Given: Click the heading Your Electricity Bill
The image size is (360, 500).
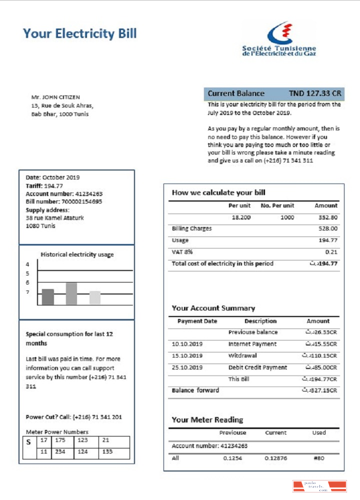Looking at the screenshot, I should [79, 34].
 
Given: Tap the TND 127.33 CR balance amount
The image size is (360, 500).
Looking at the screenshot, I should [315, 93].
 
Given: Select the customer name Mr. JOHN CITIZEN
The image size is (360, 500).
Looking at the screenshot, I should [55, 97].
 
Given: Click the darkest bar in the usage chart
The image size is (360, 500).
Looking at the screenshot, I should [48, 297].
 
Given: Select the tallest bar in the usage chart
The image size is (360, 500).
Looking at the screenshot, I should [71, 293].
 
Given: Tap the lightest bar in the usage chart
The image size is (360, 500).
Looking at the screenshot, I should [95, 297].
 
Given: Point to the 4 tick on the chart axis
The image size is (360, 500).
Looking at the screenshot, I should [28, 264].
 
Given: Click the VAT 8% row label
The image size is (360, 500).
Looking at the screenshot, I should [182, 251].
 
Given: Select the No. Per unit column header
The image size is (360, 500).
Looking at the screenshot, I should [277, 205].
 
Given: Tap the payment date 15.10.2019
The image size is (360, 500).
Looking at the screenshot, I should [187, 356].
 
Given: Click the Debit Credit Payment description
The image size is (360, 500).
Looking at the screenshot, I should [257, 367].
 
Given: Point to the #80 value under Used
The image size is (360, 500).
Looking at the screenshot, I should [319, 457].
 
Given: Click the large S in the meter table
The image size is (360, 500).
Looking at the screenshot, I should [28, 442].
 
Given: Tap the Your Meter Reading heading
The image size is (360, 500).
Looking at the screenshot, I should [207, 420].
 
